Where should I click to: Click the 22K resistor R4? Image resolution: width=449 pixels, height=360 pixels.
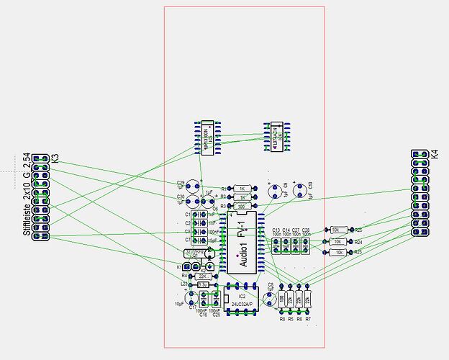click(x=202, y=276)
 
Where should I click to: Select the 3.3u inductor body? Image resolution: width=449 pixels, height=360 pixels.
click(x=203, y=284)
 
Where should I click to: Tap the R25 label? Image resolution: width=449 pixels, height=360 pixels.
click(x=358, y=230)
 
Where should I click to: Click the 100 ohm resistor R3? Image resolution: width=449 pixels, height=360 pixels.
click(x=242, y=206)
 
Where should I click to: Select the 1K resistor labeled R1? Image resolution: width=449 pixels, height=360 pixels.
click(x=242, y=188)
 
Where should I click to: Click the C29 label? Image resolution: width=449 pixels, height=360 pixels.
click(x=181, y=183)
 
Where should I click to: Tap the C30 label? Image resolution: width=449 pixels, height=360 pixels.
click(x=181, y=196)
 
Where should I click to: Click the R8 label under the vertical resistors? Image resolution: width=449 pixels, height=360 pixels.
click(x=282, y=318)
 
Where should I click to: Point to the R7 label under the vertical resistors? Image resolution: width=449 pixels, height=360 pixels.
click(x=308, y=318)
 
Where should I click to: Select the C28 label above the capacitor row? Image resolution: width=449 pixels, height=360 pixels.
click(x=306, y=230)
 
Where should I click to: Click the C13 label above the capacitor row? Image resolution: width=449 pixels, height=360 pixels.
click(x=276, y=230)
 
